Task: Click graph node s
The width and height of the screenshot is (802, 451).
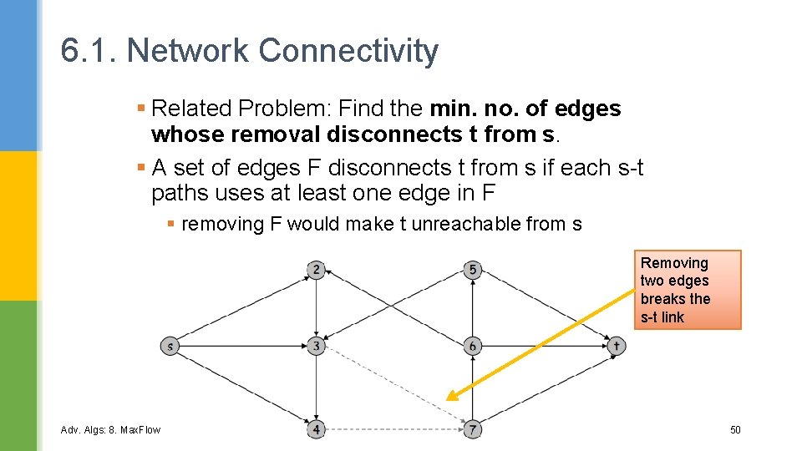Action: pyautogui.click(x=170, y=346)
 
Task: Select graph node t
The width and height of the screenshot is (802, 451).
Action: pyautogui.click(x=616, y=346)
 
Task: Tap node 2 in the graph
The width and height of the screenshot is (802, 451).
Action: pyautogui.click(x=316, y=269)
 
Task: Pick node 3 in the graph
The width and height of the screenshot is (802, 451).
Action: pyautogui.click(x=316, y=346)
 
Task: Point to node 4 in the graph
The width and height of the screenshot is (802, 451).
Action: pyautogui.click(x=316, y=429)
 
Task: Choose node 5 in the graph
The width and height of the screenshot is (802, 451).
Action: pyautogui.click(x=473, y=269)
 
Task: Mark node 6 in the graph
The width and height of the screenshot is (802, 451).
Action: pyautogui.click(x=473, y=346)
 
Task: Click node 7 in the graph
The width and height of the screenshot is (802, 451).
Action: pyautogui.click(x=473, y=429)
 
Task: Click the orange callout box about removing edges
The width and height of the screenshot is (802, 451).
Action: pyautogui.click(x=687, y=290)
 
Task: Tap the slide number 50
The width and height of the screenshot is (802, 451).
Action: pyautogui.click(x=735, y=430)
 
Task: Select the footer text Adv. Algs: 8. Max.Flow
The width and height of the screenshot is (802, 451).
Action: pyautogui.click(x=110, y=430)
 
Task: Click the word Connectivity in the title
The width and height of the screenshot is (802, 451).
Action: pyautogui.click(x=348, y=51)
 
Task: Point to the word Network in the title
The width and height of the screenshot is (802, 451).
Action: pyautogui.click(x=188, y=51)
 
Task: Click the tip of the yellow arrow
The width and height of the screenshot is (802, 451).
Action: pyautogui.click(x=449, y=398)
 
